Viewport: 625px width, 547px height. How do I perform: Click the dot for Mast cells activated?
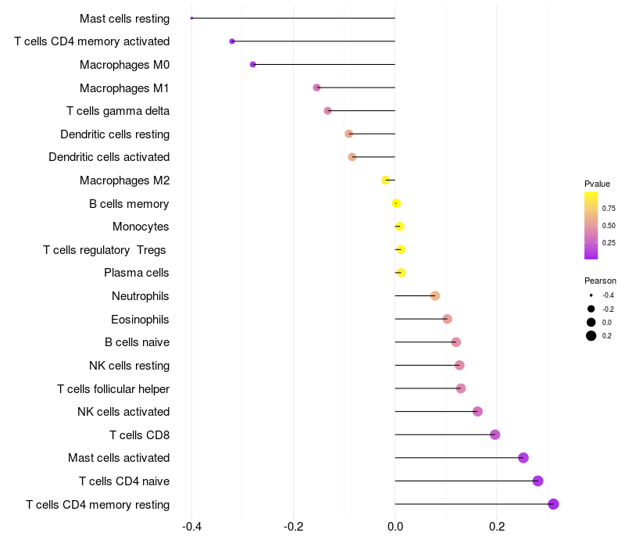click(523, 458)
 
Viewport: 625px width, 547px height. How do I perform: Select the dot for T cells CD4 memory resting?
click(553, 504)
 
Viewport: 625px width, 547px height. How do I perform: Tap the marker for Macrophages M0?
click(253, 64)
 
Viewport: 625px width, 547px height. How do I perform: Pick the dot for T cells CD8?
click(495, 434)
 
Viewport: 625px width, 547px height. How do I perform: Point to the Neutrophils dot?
click(435, 295)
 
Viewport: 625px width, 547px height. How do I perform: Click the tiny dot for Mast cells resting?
click(192, 18)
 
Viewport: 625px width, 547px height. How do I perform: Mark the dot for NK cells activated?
click(477, 412)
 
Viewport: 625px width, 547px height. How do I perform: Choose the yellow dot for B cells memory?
click(396, 203)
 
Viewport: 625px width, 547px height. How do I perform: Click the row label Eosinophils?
click(140, 319)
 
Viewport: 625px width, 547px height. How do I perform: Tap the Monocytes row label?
click(141, 227)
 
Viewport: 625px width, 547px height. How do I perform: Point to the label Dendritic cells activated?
click(109, 157)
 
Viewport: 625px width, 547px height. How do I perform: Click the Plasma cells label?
click(137, 273)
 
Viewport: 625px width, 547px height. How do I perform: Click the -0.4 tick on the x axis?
click(192, 527)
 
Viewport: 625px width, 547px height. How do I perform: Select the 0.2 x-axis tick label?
click(497, 527)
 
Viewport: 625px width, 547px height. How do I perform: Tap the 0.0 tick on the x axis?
click(395, 527)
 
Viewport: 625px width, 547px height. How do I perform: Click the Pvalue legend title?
click(597, 184)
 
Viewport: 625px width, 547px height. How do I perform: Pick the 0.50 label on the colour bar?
click(609, 226)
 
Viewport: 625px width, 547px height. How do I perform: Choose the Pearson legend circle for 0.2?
click(591, 336)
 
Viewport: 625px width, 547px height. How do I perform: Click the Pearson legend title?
click(600, 281)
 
